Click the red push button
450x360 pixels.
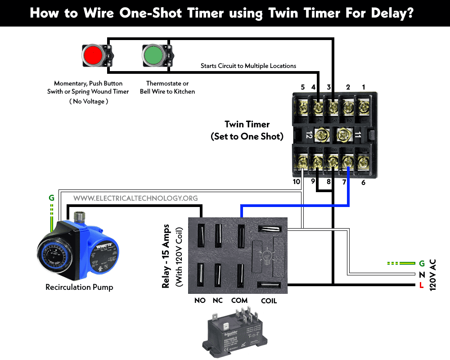(x=94, y=55)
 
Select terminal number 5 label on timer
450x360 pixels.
(x=302, y=87)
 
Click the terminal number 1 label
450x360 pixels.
(x=364, y=87)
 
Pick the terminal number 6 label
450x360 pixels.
(x=363, y=182)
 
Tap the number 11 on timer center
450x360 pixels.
(x=358, y=135)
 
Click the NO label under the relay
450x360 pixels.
(x=200, y=300)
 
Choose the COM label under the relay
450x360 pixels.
(x=239, y=300)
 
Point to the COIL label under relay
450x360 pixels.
(x=269, y=300)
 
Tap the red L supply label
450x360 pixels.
(x=421, y=284)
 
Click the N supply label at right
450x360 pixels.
(x=421, y=274)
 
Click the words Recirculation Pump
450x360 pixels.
(x=79, y=287)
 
